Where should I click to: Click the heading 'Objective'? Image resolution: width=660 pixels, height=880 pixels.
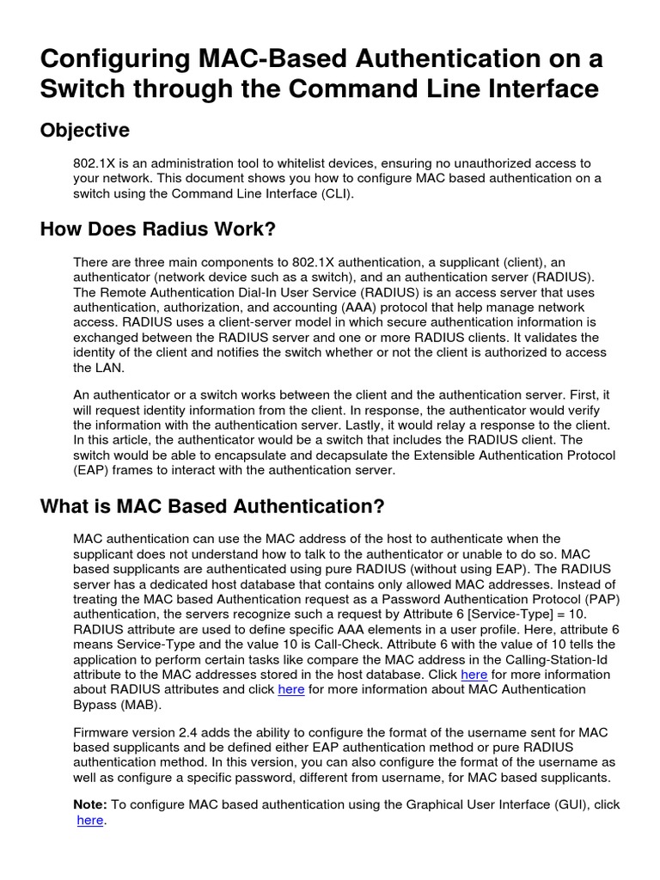point(85,131)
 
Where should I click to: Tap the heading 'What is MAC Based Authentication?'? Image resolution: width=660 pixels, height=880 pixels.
point(212,506)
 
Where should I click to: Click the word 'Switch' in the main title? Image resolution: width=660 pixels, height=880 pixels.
point(82,89)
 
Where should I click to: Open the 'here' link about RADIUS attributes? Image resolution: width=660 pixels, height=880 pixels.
point(474,675)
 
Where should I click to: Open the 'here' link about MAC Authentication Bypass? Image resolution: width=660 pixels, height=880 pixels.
point(291,690)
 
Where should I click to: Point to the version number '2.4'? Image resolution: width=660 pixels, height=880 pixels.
point(199,732)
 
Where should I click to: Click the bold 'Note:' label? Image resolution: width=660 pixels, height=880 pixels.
point(90,804)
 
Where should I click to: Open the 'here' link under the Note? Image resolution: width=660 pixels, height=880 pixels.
point(89,821)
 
